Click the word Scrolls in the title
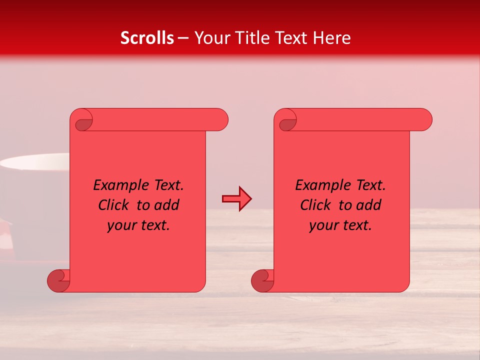(147, 38)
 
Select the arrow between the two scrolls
(236, 199)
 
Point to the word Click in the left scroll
(113, 205)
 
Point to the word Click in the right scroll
(315, 205)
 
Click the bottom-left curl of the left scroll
(59, 280)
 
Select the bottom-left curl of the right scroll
(262, 280)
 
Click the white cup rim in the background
(35, 162)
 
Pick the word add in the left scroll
(166, 205)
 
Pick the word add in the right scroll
(368, 205)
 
